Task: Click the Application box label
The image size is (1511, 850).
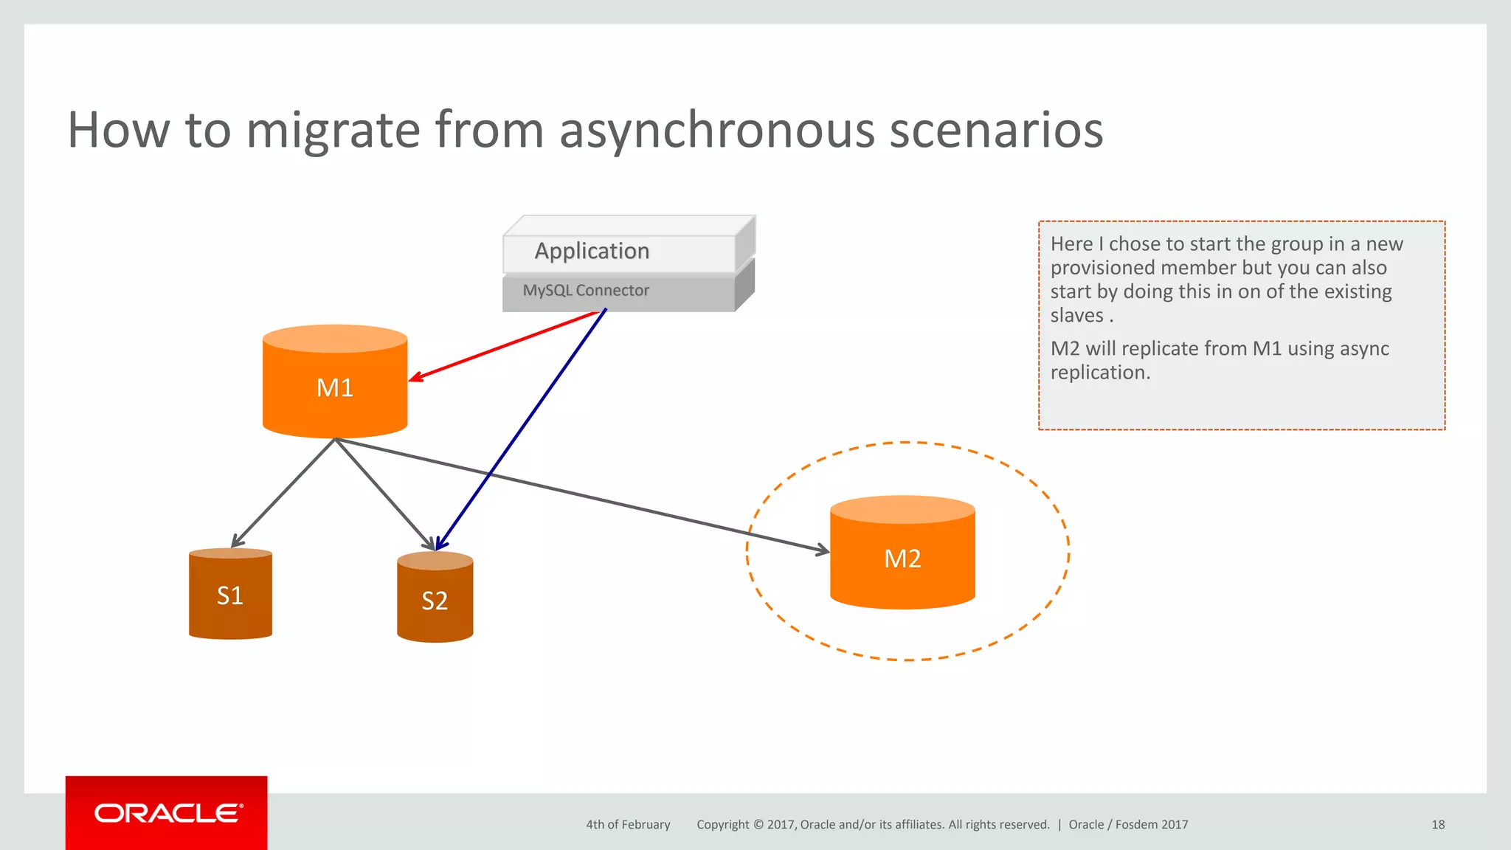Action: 592,252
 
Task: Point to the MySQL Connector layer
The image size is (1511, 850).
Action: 586,291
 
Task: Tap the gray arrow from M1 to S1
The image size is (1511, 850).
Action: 284,493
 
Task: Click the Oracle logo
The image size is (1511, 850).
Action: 167,813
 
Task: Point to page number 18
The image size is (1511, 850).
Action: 1437,825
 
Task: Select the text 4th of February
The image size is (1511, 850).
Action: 628,825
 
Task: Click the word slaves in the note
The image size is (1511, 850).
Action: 1076,316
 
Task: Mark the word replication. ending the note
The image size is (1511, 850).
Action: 1099,373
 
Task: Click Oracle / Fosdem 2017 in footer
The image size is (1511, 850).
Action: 1128,825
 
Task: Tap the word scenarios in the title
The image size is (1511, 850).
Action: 996,131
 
